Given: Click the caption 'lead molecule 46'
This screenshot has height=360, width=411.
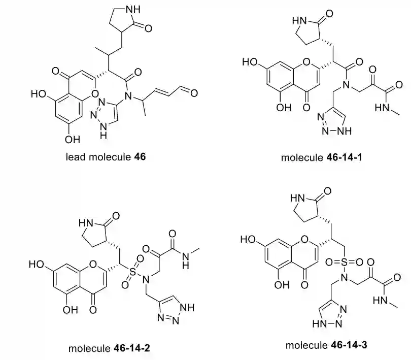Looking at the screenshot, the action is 106,157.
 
